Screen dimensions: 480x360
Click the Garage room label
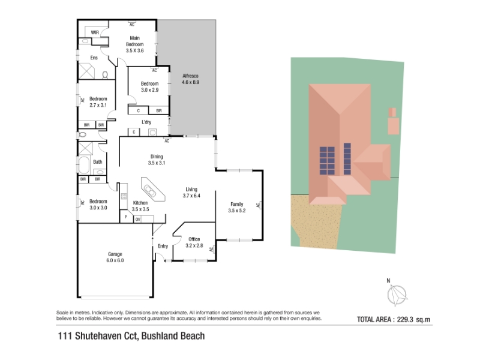coord(115,254)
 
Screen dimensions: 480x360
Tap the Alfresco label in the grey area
coord(190,76)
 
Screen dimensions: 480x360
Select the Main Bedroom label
coord(134,41)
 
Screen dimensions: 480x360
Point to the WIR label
coord(95,32)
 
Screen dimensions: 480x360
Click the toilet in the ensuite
coord(105,74)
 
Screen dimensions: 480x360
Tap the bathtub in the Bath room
coord(84,164)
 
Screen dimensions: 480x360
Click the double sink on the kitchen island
coord(150,190)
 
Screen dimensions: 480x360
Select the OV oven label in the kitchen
coord(138,219)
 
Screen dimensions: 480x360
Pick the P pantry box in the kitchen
coord(126,217)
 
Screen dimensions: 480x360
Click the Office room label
coord(194,239)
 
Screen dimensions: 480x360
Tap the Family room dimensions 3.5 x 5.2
coord(237,211)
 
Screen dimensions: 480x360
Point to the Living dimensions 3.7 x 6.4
coord(191,196)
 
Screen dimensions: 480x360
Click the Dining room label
coord(157,157)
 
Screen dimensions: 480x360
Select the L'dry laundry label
coord(146,122)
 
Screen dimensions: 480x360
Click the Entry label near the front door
coord(163,246)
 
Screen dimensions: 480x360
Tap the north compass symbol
coord(397,295)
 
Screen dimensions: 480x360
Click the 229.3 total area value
coord(405,320)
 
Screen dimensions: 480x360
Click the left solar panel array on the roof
coord(327,161)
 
